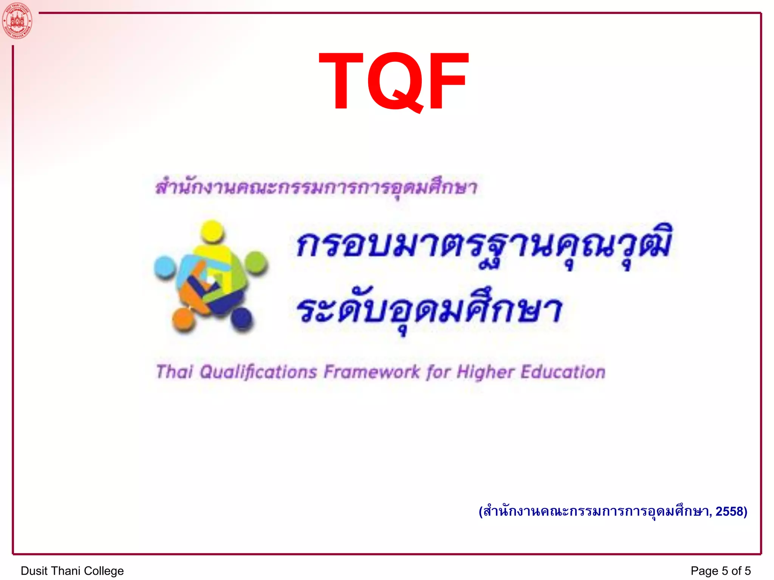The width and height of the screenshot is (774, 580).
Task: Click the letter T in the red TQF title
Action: pos(341,81)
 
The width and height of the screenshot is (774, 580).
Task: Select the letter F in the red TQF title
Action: pos(447,81)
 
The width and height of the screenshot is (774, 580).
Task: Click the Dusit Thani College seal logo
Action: pos(17,20)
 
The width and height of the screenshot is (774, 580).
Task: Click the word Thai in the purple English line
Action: pos(174,372)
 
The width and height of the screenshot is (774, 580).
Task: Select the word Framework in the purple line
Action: pos(372,372)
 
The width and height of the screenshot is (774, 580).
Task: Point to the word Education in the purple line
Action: pos(563,372)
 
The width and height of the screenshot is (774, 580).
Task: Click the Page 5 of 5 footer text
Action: pos(720,571)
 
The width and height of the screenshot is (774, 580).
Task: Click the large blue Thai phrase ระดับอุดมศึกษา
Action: pos(429,310)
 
